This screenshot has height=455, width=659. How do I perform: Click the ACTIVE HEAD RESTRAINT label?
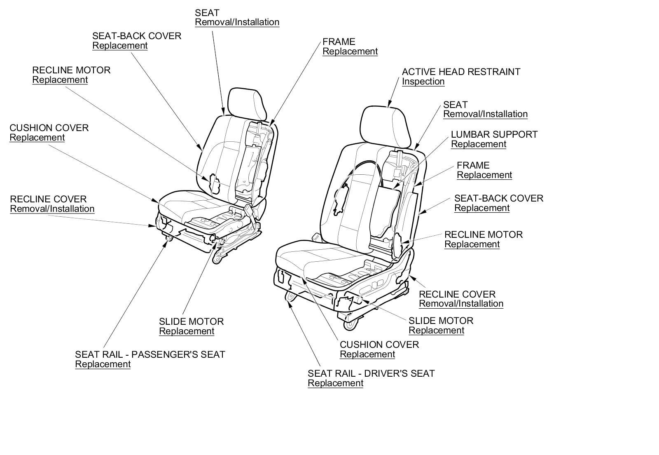[461, 72]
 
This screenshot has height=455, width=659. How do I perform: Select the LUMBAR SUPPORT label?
[494, 134]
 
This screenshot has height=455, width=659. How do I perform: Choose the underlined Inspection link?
[423, 81]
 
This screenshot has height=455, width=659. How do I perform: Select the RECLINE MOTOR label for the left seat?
[71, 70]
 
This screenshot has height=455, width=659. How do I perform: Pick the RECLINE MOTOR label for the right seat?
[483, 235]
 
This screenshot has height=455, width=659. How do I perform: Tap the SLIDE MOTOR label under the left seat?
[191, 321]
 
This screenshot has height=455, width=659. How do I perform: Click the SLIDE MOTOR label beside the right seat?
[441, 321]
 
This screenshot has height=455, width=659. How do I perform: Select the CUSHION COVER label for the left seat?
[49, 128]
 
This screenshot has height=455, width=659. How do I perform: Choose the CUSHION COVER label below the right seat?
[379, 345]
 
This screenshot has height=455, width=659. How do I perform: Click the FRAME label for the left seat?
[339, 42]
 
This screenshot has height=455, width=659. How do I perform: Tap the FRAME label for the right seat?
[473, 165]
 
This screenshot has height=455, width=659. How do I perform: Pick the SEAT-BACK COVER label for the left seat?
[136, 36]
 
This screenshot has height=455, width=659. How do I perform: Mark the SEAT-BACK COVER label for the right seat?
[498, 198]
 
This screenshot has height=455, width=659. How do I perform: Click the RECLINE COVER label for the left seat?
[48, 199]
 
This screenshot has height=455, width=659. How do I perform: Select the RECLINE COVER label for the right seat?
[457, 294]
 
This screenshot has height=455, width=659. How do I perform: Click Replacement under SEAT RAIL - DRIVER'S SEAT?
[335, 383]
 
